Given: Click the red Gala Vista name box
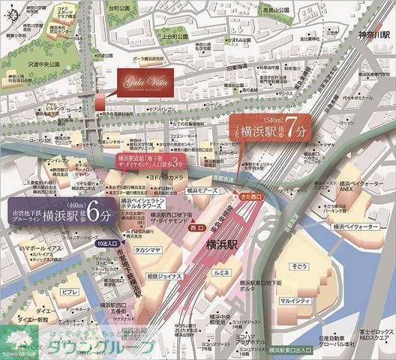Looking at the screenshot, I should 146,78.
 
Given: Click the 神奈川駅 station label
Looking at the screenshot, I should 373,34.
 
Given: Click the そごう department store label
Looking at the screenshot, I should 301,266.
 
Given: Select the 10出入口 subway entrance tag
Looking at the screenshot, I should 107,244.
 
